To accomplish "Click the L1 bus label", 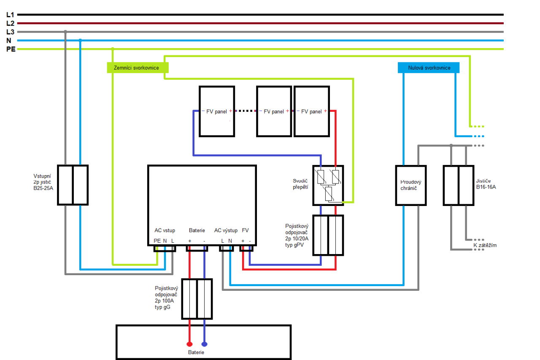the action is [10, 15].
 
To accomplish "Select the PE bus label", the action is [11, 49].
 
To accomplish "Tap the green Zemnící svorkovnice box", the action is [138, 68].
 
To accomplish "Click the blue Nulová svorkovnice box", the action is [429, 68].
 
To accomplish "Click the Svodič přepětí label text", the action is [300, 184].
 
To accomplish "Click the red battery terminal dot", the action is [189, 344].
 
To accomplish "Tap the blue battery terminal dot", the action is [205, 344].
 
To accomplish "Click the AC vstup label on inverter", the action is [165, 230].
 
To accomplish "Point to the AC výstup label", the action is [226, 230].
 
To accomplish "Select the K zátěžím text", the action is [485, 245].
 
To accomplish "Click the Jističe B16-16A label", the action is [486, 184].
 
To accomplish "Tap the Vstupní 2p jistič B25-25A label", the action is [43, 182].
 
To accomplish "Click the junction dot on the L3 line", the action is [65, 32].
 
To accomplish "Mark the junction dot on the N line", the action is [80, 40].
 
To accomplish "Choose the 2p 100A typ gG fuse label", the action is [166, 298].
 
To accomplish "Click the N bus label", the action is [9, 41].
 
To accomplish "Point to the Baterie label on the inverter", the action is [197, 230].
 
